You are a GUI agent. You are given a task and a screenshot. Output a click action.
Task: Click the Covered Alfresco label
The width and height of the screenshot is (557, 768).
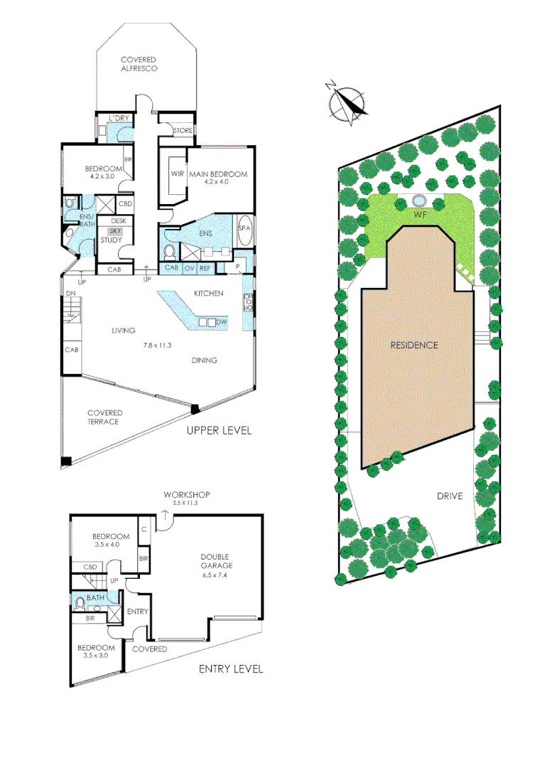click(x=138, y=64)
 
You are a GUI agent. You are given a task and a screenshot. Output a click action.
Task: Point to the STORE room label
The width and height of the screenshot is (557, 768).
click(x=183, y=130)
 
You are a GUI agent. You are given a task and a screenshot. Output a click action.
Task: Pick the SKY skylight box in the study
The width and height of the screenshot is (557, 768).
click(x=114, y=231)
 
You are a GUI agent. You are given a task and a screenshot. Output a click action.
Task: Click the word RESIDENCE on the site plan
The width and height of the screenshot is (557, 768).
click(x=414, y=345)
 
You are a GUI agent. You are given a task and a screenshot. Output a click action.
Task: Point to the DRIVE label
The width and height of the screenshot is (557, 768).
click(x=450, y=496)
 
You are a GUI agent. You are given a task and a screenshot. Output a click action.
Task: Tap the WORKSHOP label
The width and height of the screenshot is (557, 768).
click(x=187, y=494)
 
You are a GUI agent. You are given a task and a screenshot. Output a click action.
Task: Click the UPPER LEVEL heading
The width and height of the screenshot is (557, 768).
click(x=219, y=431)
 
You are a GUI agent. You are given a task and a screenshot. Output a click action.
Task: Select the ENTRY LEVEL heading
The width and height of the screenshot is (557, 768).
click(x=231, y=668)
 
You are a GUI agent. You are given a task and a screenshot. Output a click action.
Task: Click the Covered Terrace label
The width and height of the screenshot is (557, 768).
click(x=104, y=417)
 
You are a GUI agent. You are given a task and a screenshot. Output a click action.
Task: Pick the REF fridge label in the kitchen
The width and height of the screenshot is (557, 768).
click(x=205, y=268)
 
